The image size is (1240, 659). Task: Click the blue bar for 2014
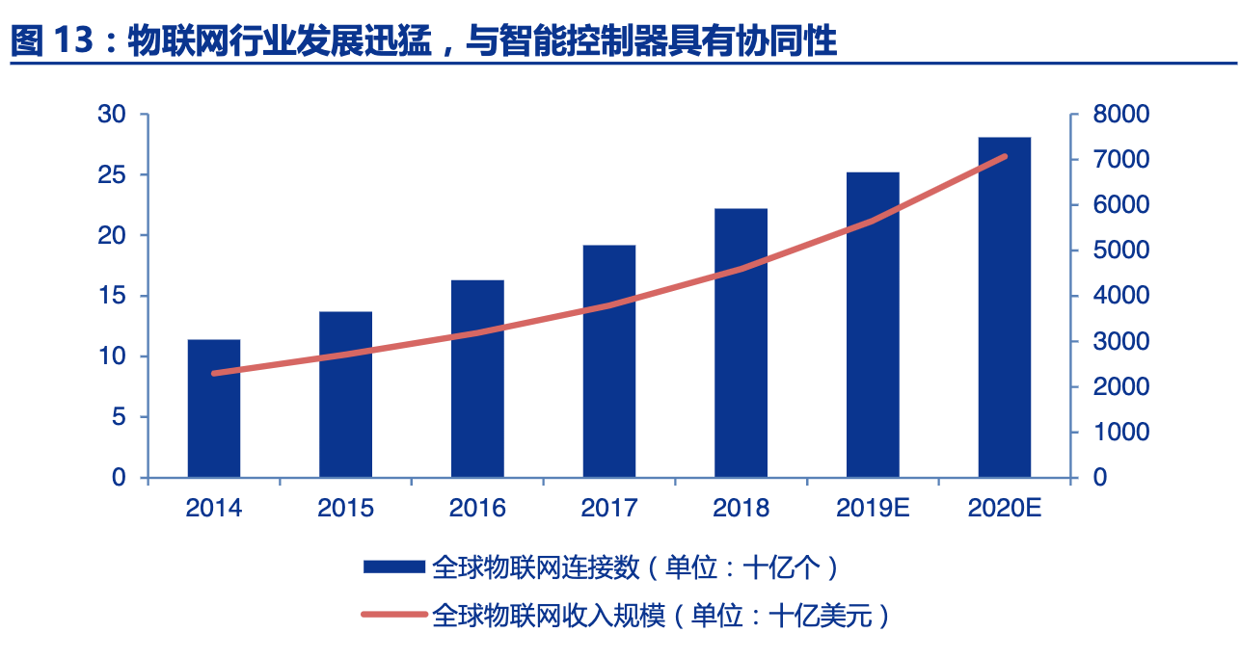(214, 409)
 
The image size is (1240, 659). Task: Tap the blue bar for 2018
(741, 343)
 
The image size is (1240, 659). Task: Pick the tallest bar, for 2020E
(1005, 307)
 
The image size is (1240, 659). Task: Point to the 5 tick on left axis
(119, 417)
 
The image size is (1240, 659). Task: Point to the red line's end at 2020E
(1005, 156)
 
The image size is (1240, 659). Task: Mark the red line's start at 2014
(214, 373)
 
